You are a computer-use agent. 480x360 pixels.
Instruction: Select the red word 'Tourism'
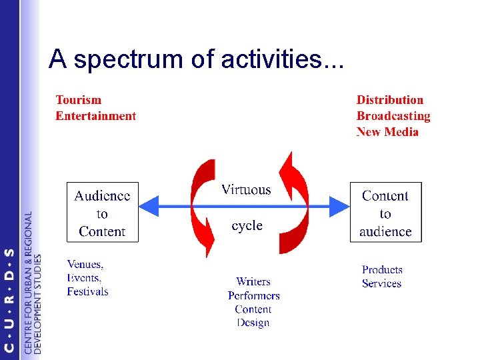[x=79, y=100]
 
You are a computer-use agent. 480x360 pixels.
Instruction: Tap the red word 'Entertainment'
[x=95, y=116]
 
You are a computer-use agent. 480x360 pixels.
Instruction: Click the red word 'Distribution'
[x=390, y=100]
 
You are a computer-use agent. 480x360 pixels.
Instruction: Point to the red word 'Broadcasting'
[x=393, y=116]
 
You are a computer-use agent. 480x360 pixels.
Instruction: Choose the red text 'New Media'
[x=387, y=132]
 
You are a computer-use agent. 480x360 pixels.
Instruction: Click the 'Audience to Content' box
[x=103, y=213]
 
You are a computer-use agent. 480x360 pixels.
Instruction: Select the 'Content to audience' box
[x=385, y=213]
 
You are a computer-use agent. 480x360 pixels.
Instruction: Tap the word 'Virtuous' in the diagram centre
[x=246, y=190]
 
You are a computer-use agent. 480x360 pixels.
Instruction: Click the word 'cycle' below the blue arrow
[x=247, y=226]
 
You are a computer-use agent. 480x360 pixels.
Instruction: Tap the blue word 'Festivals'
[x=87, y=292]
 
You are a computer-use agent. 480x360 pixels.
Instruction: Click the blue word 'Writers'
[x=253, y=281]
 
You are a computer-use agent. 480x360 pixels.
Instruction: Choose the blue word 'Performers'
[x=253, y=295]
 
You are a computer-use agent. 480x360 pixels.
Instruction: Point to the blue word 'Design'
[x=253, y=323]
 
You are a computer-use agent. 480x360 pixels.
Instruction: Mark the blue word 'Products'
[x=382, y=270]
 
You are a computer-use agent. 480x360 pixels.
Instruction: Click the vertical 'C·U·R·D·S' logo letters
[x=9, y=300]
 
